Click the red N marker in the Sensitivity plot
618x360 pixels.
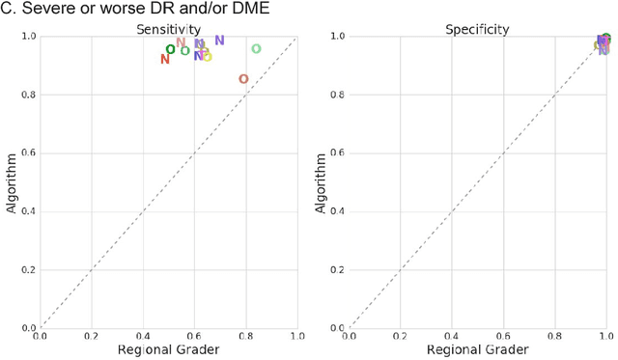[165, 59]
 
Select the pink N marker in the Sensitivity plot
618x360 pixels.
[181, 42]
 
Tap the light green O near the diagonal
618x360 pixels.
[256, 49]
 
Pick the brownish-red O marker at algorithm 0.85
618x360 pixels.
[243, 79]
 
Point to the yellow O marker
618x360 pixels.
[207, 57]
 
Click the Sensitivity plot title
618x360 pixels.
[168, 30]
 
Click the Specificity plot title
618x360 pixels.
[477, 30]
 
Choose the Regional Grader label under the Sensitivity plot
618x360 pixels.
[168, 349]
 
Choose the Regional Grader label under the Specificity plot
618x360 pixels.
[477, 349]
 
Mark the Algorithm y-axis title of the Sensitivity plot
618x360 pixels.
[14, 182]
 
